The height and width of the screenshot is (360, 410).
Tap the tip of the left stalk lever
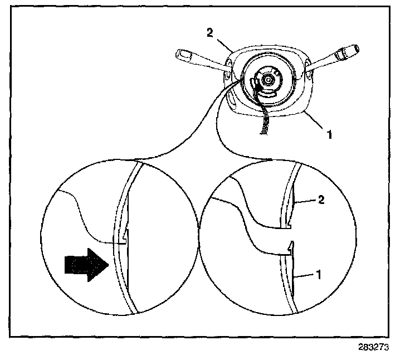point(182,54)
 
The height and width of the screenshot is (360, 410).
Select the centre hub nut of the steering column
point(268,79)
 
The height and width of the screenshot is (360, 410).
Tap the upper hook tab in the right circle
point(290,224)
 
